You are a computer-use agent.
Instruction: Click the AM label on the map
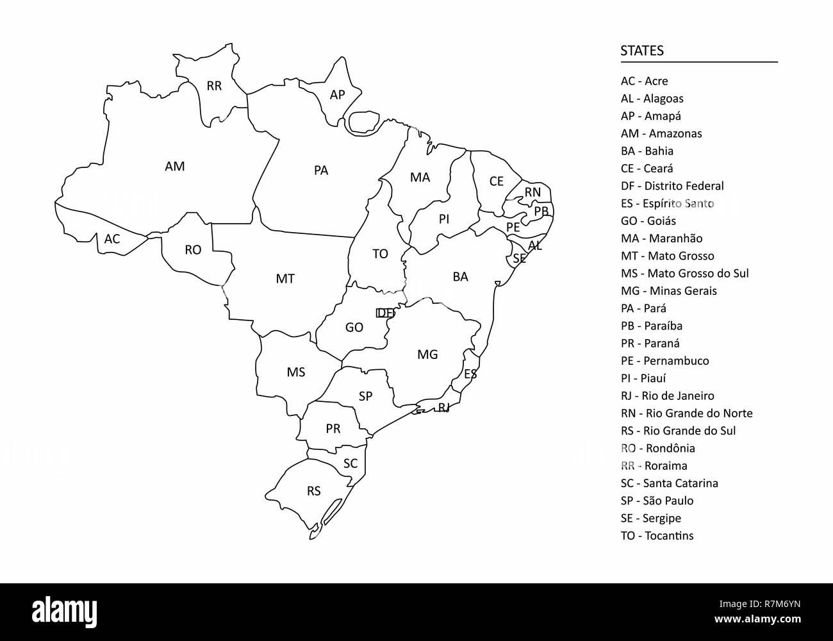174,167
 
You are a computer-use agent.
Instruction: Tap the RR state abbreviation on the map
214,86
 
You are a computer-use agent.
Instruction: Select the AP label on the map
337,95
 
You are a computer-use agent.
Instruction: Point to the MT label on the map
285,279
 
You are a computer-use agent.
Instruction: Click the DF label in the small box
386,313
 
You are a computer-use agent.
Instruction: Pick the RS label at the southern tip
313,492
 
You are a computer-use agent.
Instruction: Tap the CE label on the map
497,181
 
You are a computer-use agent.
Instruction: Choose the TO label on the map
380,254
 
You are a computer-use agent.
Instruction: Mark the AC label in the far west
112,239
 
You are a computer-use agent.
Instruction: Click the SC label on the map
351,463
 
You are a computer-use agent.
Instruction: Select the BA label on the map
460,277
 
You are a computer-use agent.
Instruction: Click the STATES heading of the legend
642,51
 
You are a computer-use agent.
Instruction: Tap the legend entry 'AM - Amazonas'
661,133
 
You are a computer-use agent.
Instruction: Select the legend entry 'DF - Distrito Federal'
672,186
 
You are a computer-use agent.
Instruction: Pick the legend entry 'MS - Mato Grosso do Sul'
684,273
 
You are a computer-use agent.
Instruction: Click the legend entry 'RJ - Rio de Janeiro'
667,395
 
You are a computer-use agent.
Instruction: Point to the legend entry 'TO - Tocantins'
657,535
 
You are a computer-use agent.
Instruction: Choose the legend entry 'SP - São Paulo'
657,501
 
